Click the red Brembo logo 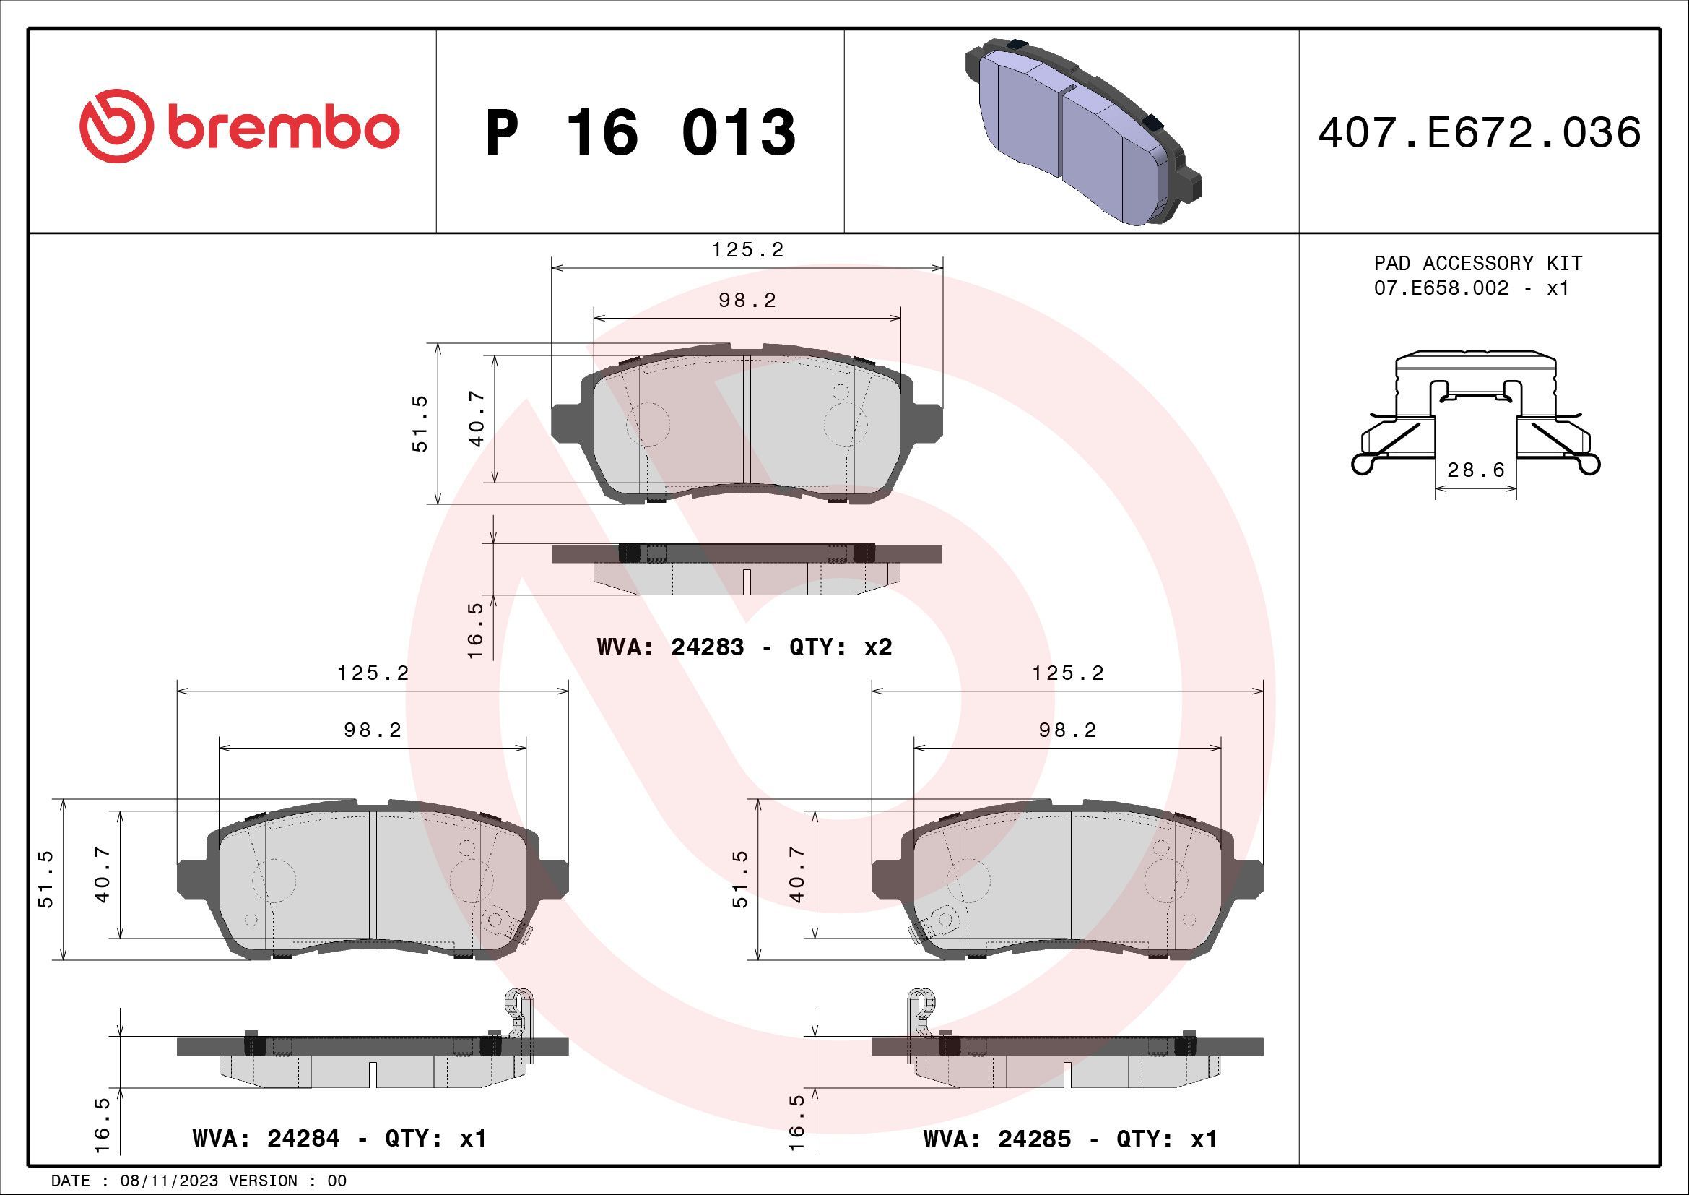pyautogui.click(x=239, y=126)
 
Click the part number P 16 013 pyautogui.click(x=640, y=132)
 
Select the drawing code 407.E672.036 pyautogui.click(x=1480, y=133)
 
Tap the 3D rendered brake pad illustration pyautogui.click(x=1082, y=129)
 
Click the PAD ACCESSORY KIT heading pyautogui.click(x=1478, y=264)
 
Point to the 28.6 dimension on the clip pyautogui.click(x=1476, y=470)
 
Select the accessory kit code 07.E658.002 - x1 pyautogui.click(x=1471, y=288)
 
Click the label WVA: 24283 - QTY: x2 pyautogui.click(x=744, y=647)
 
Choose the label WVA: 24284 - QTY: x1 pyautogui.click(x=339, y=1139)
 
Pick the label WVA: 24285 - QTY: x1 pyautogui.click(x=1070, y=1139)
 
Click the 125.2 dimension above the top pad pyautogui.click(x=747, y=250)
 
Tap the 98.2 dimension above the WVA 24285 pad pyautogui.click(x=1067, y=730)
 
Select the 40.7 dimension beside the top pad pyautogui.click(x=477, y=420)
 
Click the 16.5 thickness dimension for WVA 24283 pyautogui.click(x=475, y=630)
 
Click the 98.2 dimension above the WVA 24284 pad pyautogui.click(x=373, y=730)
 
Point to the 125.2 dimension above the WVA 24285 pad pyautogui.click(x=1067, y=673)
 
